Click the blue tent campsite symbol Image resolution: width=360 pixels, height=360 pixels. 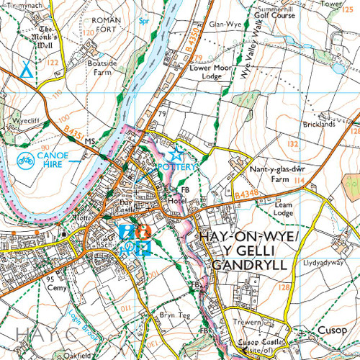26,70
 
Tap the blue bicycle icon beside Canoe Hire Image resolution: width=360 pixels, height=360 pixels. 24,159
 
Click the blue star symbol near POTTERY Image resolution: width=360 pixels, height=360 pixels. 176,153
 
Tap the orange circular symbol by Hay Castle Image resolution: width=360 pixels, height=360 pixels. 143,232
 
